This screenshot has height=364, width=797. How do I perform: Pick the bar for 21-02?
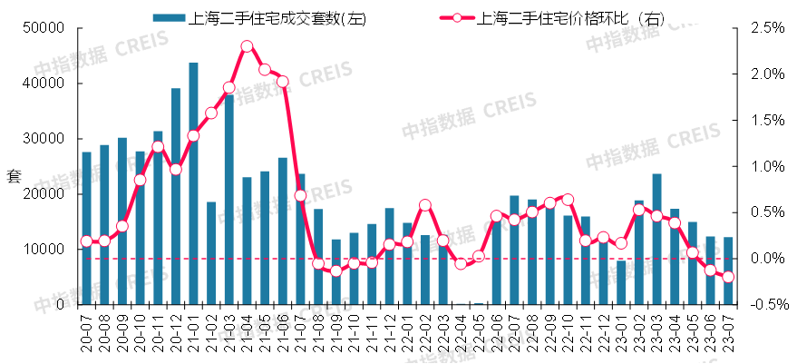click(211, 253)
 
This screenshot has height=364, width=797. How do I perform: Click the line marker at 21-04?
click(247, 45)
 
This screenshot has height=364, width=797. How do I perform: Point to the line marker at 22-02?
click(425, 205)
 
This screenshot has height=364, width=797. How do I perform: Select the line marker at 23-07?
click(728, 277)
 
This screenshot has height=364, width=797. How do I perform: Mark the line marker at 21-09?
click(336, 271)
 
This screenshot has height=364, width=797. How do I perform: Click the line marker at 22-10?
click(568, 199)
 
